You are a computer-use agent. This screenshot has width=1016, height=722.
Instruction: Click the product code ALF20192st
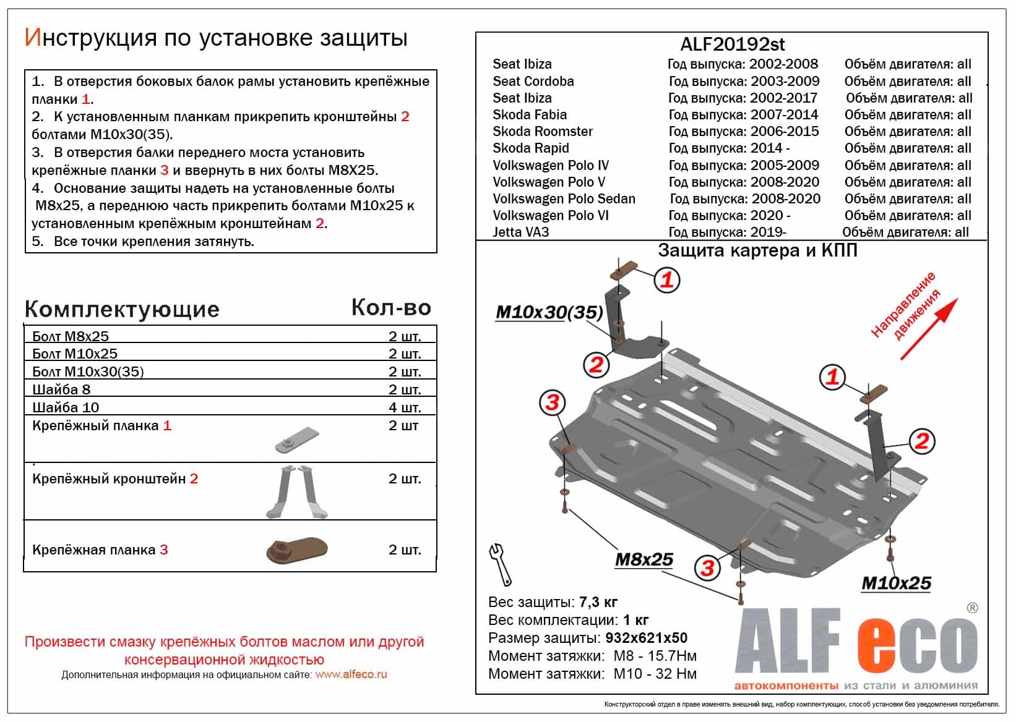(732, 45)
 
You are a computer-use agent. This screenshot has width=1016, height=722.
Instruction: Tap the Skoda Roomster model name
(542, 132)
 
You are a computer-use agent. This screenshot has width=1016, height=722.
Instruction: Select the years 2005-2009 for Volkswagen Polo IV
(784, 166)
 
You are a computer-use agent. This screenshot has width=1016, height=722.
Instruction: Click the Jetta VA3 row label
(520, 232)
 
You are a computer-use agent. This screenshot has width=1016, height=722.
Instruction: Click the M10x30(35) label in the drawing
(549, 313)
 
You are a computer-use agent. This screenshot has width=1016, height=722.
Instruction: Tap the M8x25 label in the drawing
(644, 559)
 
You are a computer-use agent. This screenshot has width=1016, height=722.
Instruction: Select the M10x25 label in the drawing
(895, 583)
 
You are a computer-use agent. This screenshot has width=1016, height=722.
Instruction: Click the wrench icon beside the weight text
(500, 563)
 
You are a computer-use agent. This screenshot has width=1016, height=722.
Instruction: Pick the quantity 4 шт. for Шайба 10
(404, 407)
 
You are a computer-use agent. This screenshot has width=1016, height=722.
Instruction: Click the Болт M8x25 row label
(70, 336)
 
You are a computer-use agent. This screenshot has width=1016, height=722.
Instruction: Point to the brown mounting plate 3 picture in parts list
(296, 550)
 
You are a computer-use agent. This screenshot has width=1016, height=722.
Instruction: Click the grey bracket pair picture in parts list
(296, 491)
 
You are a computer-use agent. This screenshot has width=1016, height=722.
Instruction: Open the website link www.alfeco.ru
(351, 674)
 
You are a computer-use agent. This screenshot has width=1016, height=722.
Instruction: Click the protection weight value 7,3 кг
(598, 602)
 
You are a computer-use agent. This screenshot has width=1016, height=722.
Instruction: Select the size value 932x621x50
(645, 638)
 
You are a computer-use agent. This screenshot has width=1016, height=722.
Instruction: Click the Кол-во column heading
(390, 307)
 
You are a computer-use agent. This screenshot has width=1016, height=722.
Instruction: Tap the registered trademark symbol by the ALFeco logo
(972, 608)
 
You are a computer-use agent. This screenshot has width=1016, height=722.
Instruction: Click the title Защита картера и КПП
(757, 250)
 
